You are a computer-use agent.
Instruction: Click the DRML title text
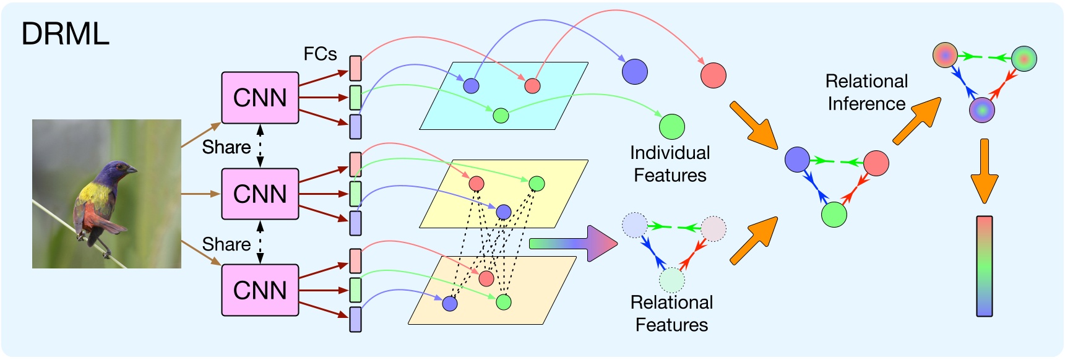65,34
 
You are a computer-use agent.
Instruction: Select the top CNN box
260,98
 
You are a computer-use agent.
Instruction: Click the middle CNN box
260,194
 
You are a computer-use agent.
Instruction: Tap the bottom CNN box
260,290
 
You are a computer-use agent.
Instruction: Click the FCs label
320,54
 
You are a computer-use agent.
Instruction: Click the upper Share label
226,147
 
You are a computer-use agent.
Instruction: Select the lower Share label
226,244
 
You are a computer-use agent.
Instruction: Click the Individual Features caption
670,164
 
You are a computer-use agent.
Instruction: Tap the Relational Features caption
671,314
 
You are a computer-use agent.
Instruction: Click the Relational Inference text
866,93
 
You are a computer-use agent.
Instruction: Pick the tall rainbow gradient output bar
984,266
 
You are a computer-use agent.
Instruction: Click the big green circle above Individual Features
671,126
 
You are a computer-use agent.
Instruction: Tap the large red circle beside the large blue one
713,75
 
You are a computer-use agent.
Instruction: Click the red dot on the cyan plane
532,86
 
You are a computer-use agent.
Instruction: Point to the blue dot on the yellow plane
504,212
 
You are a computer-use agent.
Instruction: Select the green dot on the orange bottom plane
504,302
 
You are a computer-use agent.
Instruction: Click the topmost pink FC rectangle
355,68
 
